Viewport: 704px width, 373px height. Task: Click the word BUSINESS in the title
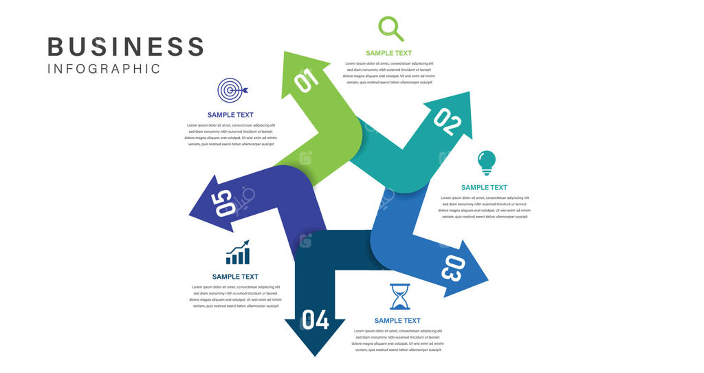point(126,47)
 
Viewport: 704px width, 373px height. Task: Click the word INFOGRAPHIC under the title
point(104,69)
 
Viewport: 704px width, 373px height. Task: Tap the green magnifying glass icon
point(390,29)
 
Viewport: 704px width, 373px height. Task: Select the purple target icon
point(232,90)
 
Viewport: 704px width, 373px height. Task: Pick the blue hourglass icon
point(399,296)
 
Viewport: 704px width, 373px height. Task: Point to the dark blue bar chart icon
point(238,253)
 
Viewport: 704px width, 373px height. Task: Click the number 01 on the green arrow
point(307,80)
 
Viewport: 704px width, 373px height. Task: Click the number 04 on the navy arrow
point(315,320)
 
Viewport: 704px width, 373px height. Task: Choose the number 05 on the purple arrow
point(224,204)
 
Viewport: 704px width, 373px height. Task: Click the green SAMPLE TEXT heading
point(388,53)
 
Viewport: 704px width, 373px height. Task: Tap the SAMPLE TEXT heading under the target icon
point(230,115)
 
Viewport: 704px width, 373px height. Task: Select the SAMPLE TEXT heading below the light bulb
point(484,187)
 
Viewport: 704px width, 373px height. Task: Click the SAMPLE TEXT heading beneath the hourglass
point(397,321)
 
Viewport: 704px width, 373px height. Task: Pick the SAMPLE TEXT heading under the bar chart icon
point(235,277)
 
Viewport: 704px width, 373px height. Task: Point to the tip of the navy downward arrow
point(315,355)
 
